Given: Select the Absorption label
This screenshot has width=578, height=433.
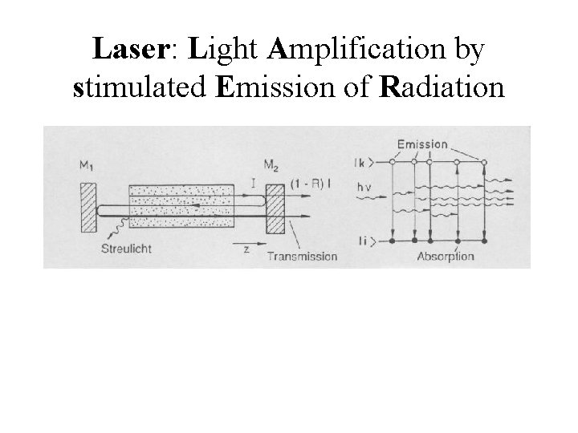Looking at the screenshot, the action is click(445, 257).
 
